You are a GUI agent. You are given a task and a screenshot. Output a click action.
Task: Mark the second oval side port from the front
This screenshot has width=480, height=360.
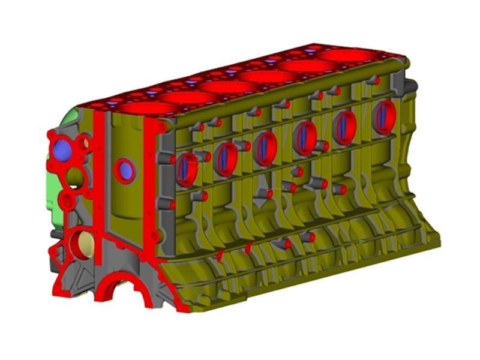(226, 158)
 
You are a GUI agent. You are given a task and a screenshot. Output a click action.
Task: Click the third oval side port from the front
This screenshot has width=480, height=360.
(265, 148)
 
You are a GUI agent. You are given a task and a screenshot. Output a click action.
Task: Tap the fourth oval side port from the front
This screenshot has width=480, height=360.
(305, 137)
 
